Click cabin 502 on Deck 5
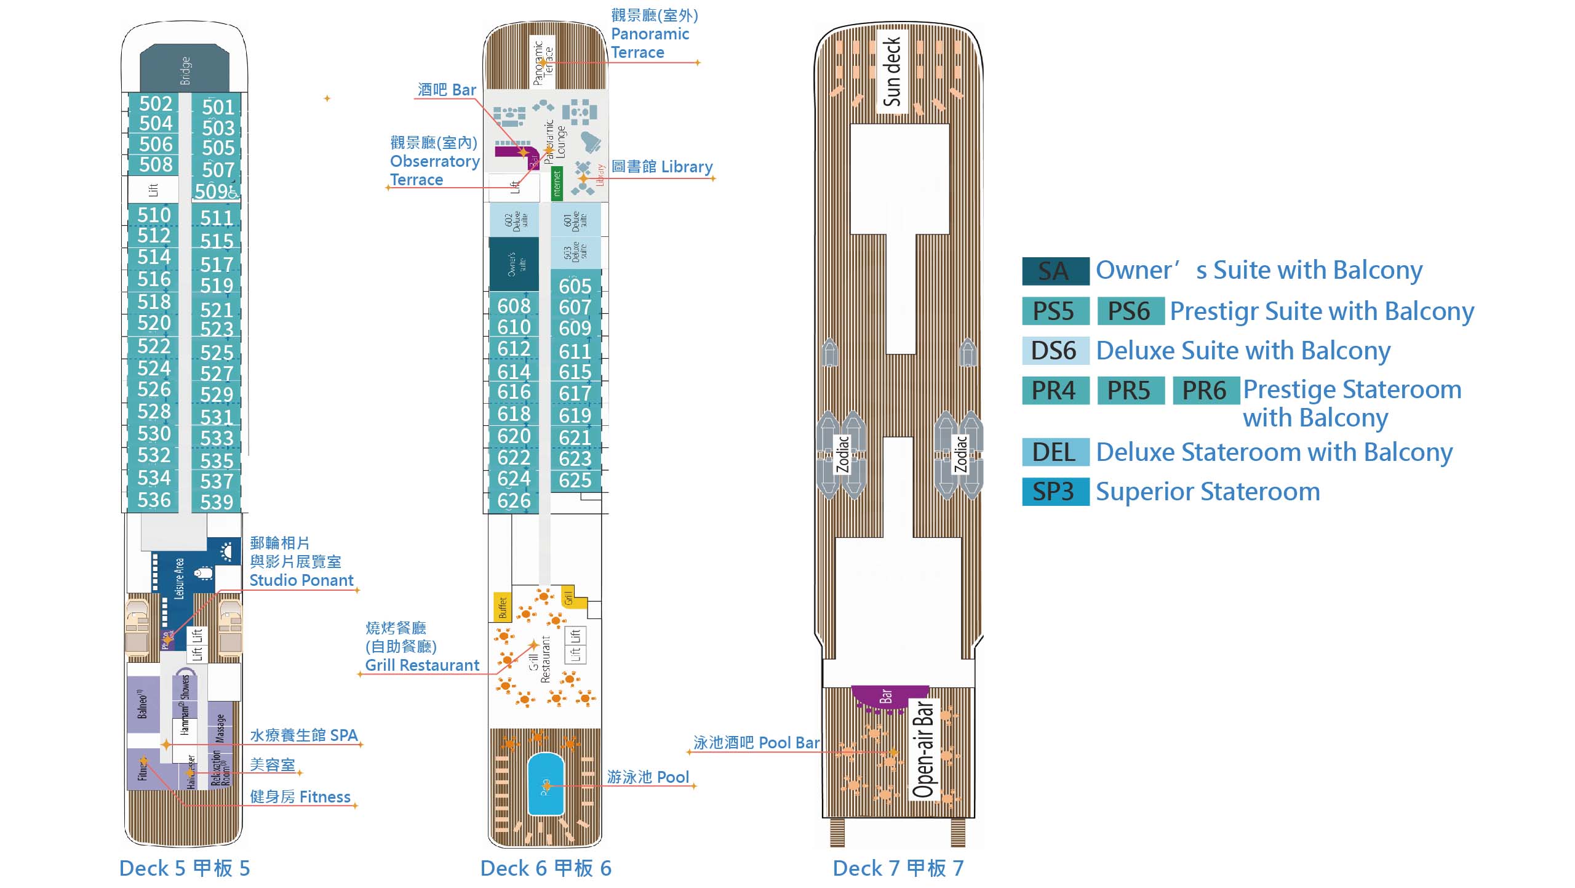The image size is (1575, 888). point(155,103)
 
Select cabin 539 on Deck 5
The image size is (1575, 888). point(217,502)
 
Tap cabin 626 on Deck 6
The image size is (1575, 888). point(514,501)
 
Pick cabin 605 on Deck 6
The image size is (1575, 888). point(575,286)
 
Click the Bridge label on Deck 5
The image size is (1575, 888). point(185,70)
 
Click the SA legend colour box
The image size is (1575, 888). point(1055,271)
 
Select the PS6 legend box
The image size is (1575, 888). point(1130,311)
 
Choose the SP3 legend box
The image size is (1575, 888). point(1055,492)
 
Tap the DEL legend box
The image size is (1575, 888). point(1055,452)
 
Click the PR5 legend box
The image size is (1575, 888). point(1130,391)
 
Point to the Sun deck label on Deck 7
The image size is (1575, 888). point(892,71)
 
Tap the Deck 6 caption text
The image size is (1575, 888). point(546,868)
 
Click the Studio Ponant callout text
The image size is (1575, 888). point(301,580)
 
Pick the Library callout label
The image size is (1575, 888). point(661,167)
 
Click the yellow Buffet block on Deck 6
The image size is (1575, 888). point(502,606)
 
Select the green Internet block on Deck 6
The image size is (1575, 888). point(557,184)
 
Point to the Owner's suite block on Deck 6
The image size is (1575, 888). point(514,264)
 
